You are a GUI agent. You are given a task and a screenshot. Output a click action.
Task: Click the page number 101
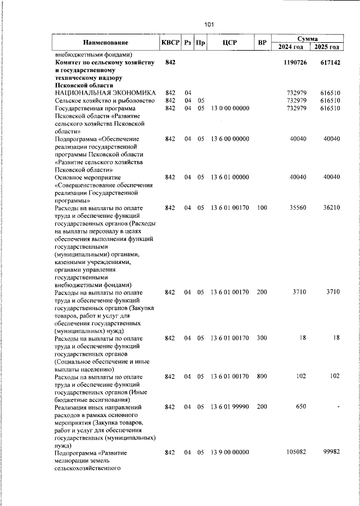209,24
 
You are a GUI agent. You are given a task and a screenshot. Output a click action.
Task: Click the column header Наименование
106,43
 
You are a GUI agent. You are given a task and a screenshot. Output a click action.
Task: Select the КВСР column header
170,43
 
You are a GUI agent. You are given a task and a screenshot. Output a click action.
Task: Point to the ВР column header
262,43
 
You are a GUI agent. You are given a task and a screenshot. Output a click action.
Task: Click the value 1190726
295,62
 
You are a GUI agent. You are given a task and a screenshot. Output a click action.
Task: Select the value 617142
328,62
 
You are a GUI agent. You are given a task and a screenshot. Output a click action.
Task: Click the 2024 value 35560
296,207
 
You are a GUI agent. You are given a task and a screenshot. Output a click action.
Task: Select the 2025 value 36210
330,207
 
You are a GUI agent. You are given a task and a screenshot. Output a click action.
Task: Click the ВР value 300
262,338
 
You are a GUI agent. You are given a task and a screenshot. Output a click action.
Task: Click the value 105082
295,452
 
